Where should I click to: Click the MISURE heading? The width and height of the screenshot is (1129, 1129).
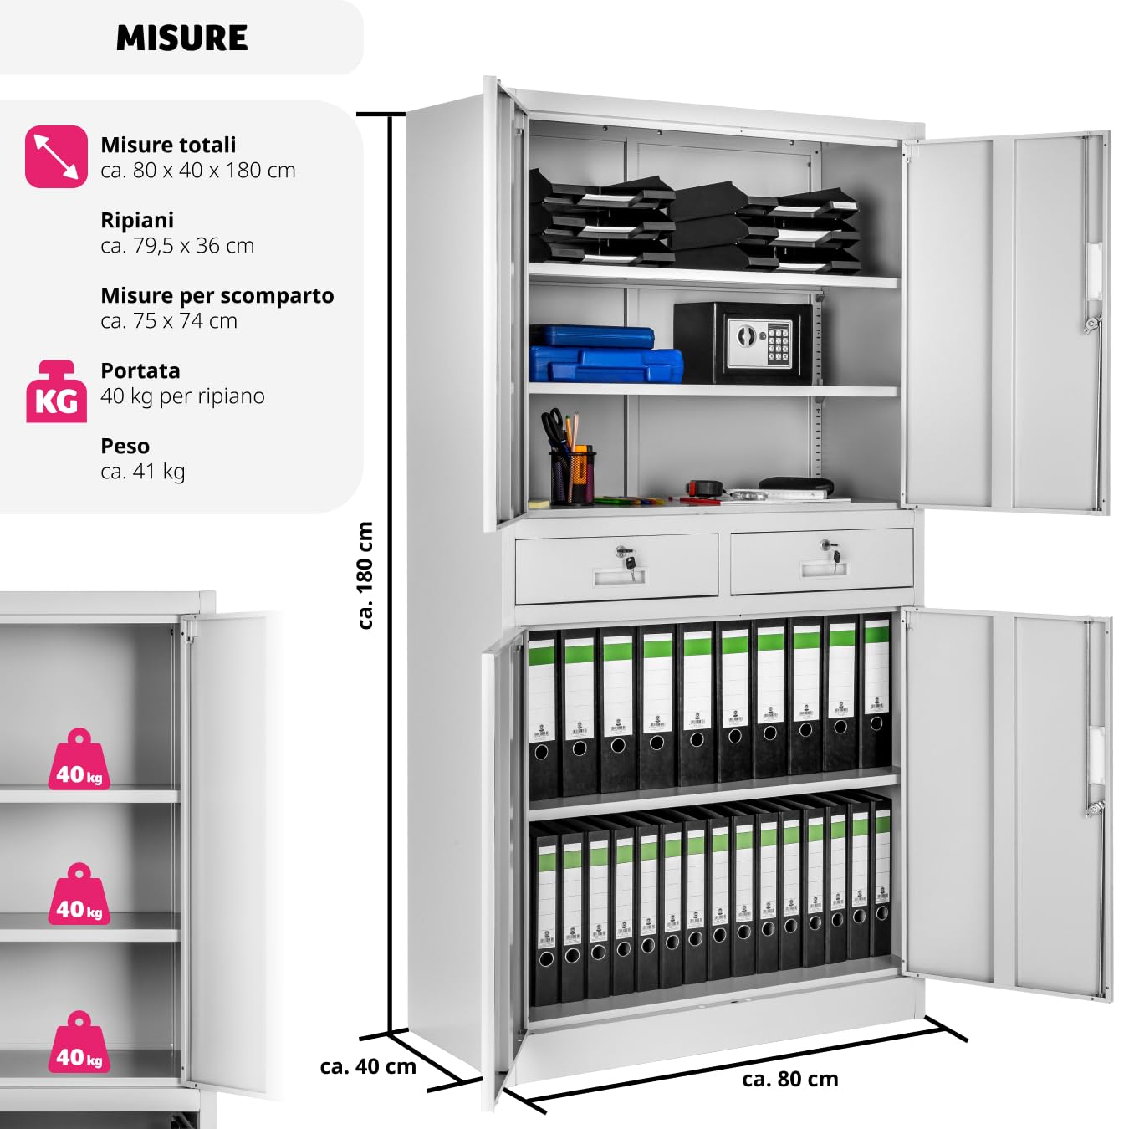(x=181, y=38)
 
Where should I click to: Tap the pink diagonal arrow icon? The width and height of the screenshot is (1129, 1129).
(x=56, y=156)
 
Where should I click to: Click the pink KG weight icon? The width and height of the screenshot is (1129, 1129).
(x=56, y=392)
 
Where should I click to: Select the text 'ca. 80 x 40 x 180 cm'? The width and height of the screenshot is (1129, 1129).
(x=198, y=171)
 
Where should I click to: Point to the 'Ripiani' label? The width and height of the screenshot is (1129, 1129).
(x=137, y=220)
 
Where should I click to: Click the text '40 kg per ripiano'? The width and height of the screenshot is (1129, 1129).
(x=182, y=396)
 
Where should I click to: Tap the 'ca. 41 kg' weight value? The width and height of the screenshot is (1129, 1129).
(x=143, y=472)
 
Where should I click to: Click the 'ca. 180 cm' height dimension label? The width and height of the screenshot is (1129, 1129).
(x=365, y=575)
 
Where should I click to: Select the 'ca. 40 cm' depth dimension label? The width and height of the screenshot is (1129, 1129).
(x=368, y=1066)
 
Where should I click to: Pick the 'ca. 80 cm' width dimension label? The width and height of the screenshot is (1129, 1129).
(x=789, y=1079)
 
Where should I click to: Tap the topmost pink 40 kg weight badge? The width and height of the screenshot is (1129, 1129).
(x=79, y=761)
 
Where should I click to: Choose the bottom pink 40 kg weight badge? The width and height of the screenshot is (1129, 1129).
(x=79, y=1044)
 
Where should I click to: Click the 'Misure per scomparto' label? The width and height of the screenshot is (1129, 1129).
(x=217, y=295)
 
